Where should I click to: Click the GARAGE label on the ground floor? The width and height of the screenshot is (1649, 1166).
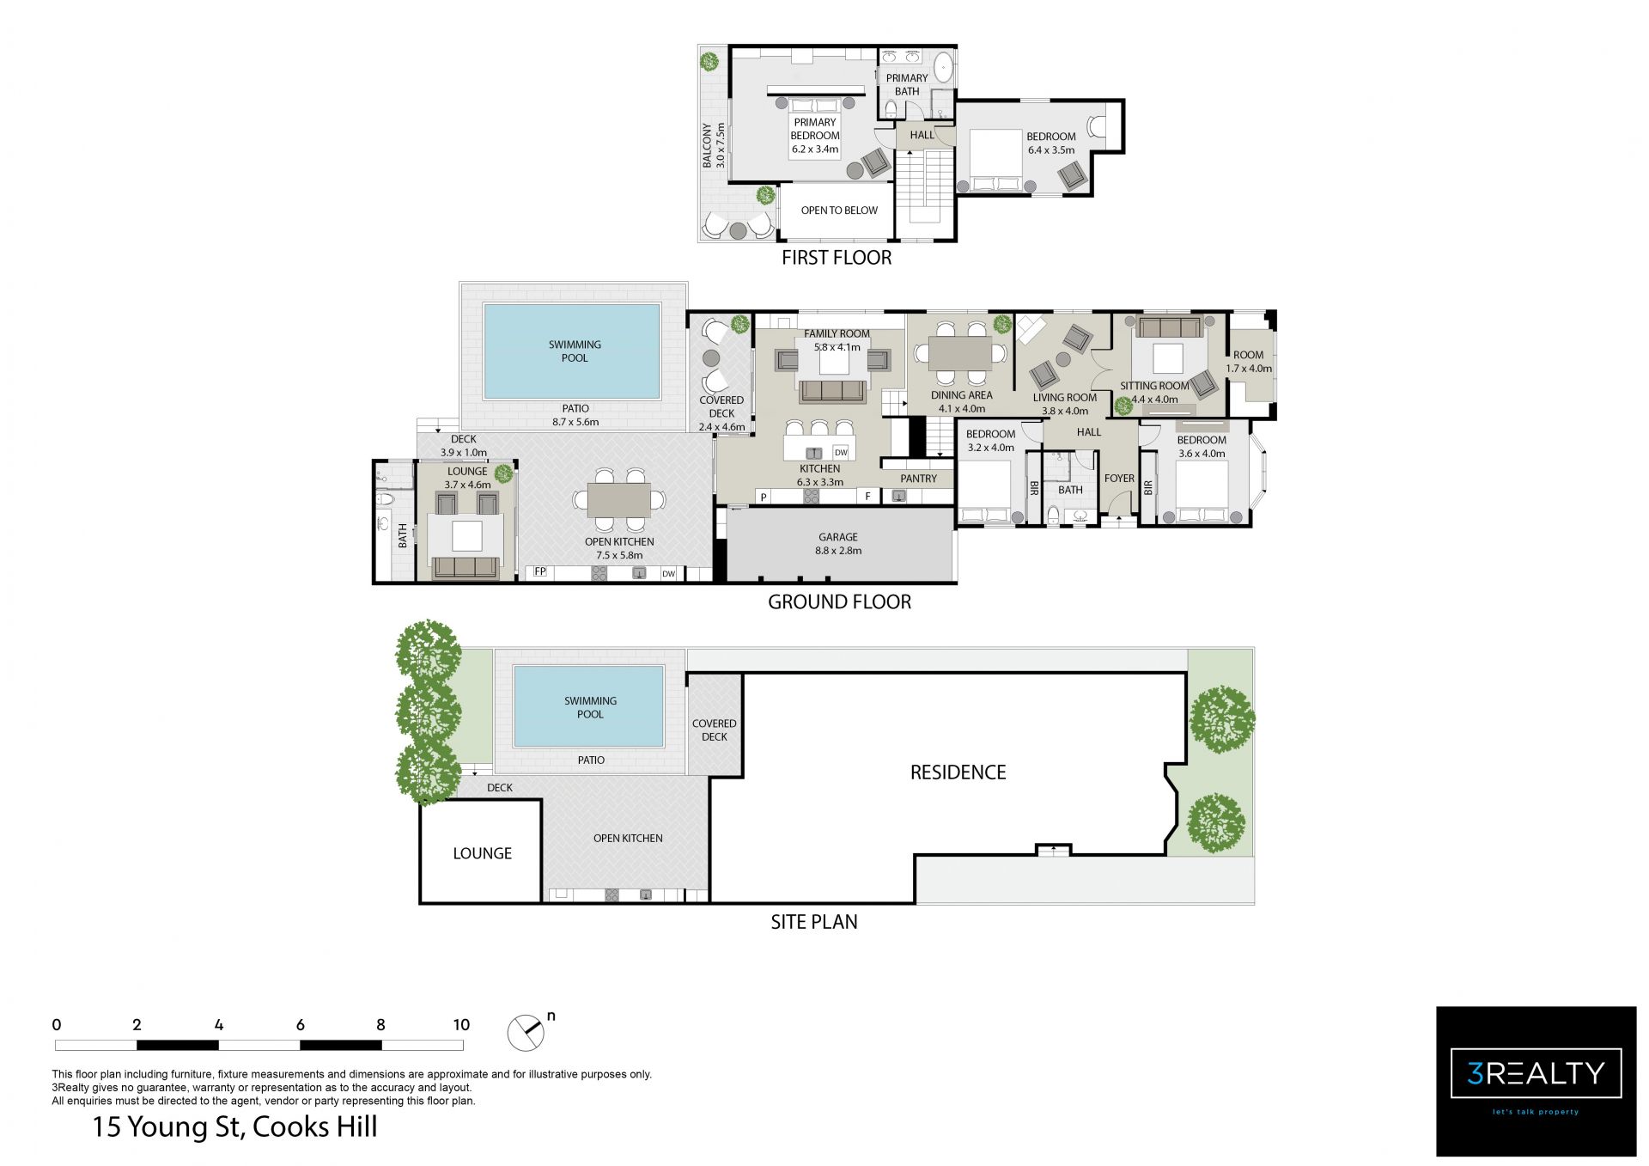(837, 537)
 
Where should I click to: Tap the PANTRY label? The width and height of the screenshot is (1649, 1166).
(918, 479)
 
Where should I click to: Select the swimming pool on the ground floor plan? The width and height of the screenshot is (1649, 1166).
(572, 351)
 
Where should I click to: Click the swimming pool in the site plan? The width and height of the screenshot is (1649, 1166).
(588, 706)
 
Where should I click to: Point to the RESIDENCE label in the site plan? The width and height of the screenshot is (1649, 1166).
(958, 772)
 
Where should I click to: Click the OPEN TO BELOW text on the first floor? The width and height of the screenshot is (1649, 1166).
(839, 211)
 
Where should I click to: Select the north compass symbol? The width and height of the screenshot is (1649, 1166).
(526, 1032)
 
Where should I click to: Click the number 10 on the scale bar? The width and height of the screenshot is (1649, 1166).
(461, 1024)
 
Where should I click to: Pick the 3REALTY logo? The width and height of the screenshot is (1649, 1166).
(1536, 1081)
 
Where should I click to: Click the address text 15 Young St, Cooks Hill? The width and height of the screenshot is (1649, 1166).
(234, 1126)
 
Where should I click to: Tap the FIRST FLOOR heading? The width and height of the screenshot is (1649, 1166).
(837, 258)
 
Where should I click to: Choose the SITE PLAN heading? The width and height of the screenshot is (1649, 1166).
(813, 922)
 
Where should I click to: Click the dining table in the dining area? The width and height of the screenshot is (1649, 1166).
(960, 352)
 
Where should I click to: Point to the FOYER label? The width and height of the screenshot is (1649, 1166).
(1119, 479)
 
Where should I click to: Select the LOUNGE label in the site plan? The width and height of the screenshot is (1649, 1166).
(482, 853)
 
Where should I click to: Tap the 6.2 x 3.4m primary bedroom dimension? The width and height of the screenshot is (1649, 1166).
(814, 150)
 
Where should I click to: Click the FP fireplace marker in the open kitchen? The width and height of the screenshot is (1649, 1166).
(540, 571)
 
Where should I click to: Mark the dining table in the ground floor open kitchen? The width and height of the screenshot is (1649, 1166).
(618, 499)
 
